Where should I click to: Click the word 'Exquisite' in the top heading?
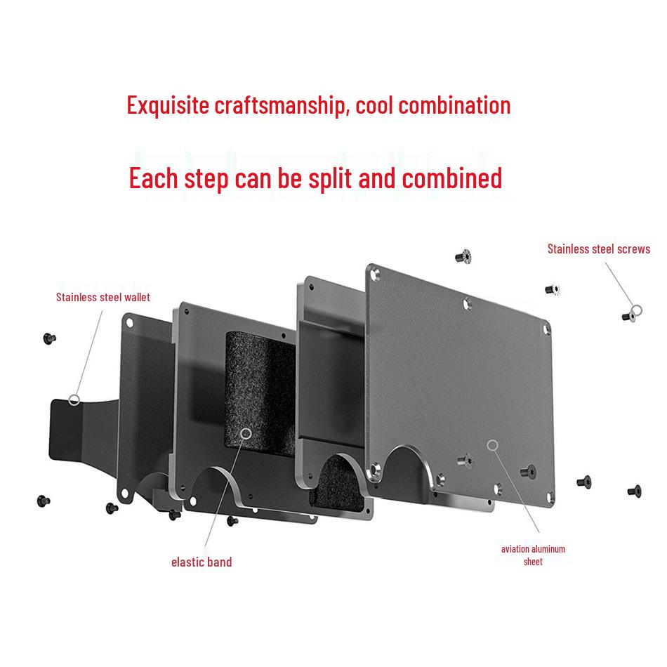168,105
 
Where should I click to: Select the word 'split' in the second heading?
331,178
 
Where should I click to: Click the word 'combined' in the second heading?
451,178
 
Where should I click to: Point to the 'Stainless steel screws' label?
598,249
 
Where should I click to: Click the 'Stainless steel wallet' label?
103,297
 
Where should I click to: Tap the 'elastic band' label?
202,562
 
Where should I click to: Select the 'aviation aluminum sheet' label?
533,555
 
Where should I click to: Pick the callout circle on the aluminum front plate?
493,444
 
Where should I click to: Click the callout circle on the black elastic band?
246,434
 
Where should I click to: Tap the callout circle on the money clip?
74,400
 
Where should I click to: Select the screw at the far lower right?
634,490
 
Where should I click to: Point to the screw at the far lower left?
43,501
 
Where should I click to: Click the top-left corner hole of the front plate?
374,270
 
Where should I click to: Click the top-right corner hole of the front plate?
546,327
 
